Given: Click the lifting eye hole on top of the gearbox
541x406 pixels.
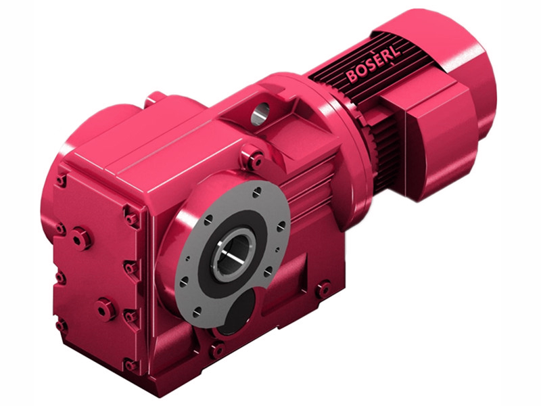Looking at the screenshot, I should coord(260,112).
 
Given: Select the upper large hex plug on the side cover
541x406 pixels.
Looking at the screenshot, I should coord(81,238).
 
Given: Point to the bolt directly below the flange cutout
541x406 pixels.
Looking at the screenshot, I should coord(217,350).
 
